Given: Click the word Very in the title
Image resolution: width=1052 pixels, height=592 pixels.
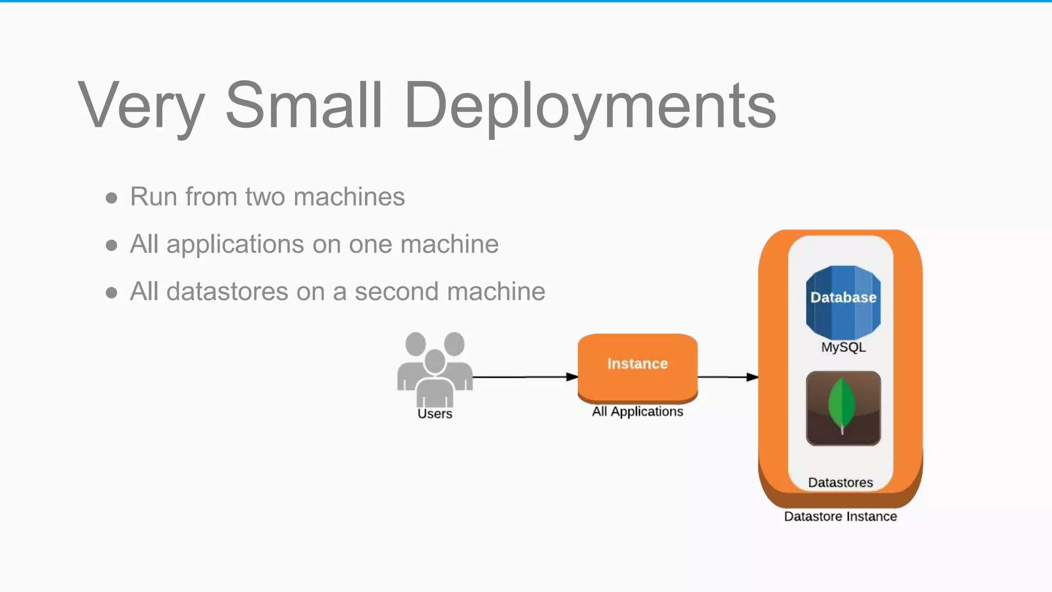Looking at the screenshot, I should [x=141, y=105].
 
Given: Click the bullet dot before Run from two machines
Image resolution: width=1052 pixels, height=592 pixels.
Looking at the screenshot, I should [x=111, y=198].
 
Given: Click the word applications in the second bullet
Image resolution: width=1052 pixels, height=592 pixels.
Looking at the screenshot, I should [x=236, y=244].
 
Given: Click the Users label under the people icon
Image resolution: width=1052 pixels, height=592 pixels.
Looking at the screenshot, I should [x=435, y=414].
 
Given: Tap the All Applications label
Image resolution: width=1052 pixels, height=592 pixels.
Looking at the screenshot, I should [x=637, y=412].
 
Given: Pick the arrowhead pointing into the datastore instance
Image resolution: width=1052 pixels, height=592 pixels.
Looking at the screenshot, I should [x=752, y=377].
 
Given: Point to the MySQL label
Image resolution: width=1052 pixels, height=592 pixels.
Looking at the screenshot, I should [x=843, y=347].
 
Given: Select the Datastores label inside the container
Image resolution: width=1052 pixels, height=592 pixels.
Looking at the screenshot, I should [x=840, y=483].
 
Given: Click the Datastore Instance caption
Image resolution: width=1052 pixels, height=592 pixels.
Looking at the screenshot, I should [x=840, y=516].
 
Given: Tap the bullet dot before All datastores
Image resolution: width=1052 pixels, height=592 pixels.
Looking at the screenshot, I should [x=111, y=293].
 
